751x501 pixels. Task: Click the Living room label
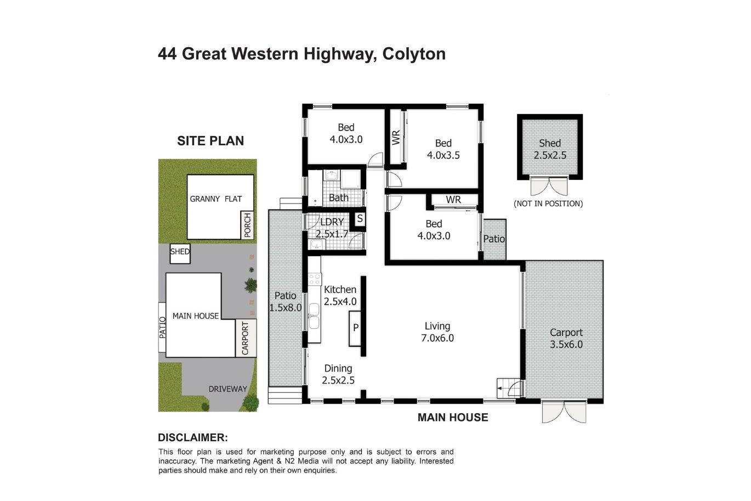[x=437, y=332]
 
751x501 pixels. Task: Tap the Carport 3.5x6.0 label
[x=566, y=338]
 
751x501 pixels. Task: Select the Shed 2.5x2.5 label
[x=550, y=149]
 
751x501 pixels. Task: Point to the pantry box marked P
[x=355, y=328]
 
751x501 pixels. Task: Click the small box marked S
[x=360, y=219]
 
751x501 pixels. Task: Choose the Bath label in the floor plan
[x=339, y=198]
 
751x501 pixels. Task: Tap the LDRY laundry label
[x=332, y=222]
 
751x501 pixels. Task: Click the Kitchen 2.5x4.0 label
[x=340, y=295]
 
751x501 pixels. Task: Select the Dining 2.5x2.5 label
[x=338, y=374]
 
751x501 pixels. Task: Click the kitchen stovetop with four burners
[x=315, y=279]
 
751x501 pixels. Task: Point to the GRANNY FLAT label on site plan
[x=215, y=199]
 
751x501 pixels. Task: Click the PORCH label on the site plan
[x=247, y=225]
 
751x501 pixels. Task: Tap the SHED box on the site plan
[x=180, y=254]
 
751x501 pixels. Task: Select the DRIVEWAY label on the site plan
[x=227, y=389]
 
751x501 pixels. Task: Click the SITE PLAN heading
[x=210, y=141]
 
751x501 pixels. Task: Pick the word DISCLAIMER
[x=193, y=437]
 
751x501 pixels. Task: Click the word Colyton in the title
[x=414, y=54]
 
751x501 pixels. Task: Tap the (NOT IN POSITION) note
[x=549, y=204]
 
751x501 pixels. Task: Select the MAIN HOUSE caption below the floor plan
[x=453, y=418]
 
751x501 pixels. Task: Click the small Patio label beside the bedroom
[x=494, y=239]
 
